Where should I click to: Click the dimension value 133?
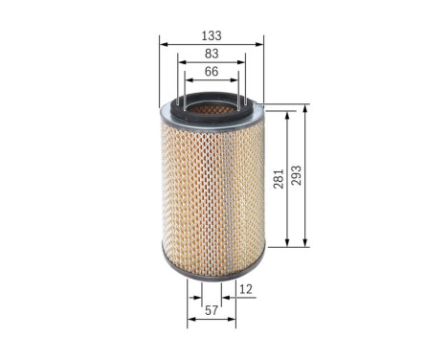(212, 36)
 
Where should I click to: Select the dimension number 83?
(212, 54)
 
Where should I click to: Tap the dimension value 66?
(212, 71)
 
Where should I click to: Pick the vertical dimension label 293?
(296, 176)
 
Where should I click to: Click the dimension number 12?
(245, 288)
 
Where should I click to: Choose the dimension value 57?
(212, 310)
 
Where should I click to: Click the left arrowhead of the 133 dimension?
(163, 44)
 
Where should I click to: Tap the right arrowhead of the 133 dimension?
(260, 44)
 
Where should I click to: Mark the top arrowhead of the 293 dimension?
(305, 107)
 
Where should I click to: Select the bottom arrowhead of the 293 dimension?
(305, 244)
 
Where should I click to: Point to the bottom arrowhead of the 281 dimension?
(288, 244)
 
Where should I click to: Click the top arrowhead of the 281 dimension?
(288, 114)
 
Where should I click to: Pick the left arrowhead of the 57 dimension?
(190, 319)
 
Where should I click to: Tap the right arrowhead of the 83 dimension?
(243, 62)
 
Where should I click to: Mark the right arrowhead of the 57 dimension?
(234, 319)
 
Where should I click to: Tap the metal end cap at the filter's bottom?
(212, 272)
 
